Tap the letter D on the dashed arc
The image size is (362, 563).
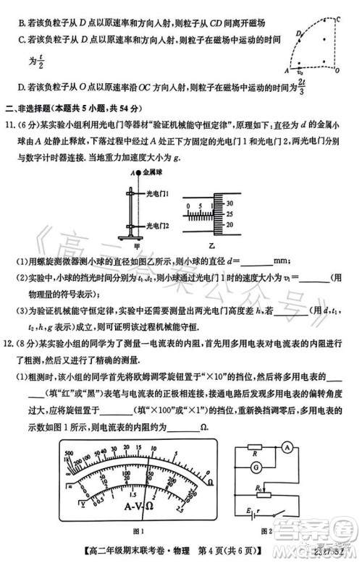[x=298, y=34]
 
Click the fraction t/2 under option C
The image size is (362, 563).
[x=42, y=64]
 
